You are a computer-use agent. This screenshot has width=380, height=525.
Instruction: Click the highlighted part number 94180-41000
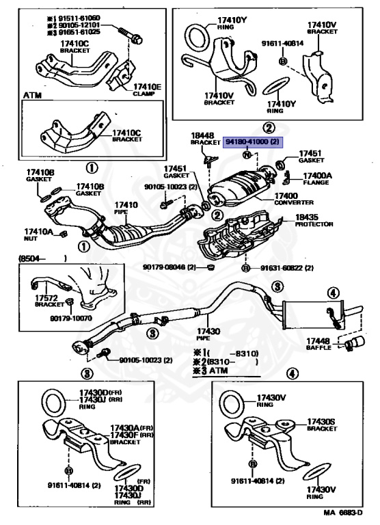pyautogui.click(x=252, y=142)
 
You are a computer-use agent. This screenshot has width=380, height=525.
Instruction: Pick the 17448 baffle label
pyautogui.click(x=318, y=344)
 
